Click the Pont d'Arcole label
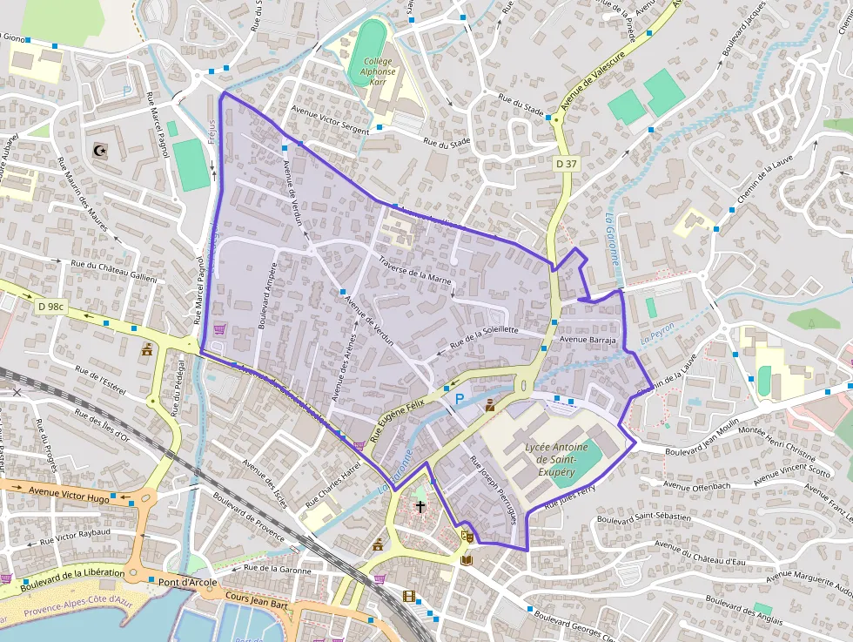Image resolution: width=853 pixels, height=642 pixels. [187, 581]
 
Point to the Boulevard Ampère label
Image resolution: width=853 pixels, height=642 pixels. [265, 296]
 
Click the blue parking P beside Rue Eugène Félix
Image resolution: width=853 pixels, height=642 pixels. [459, 399]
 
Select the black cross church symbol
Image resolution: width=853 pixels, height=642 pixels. [420, 506]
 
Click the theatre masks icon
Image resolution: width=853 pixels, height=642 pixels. [467, 537]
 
